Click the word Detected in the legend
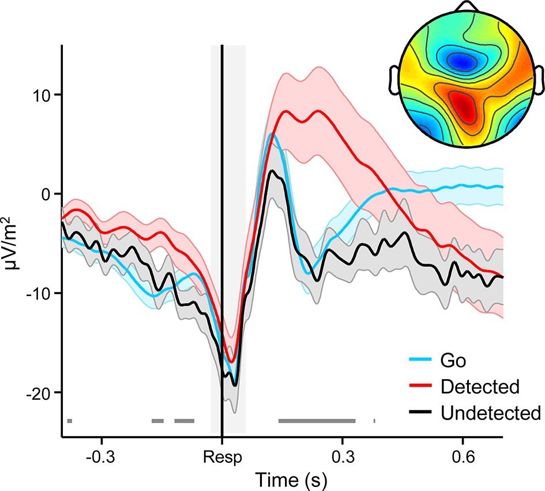point(479,387)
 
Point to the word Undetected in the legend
point(490,412)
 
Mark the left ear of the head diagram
point(396,80)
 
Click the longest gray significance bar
point(317,421)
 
